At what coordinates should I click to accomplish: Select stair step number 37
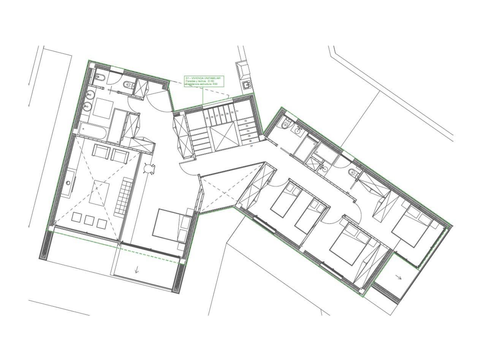252,146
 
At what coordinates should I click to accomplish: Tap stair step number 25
207,118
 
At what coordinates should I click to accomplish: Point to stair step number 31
237,111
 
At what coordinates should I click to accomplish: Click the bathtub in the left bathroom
92,130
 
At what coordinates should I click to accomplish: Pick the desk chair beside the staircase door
149,168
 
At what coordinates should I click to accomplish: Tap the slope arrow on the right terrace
398,277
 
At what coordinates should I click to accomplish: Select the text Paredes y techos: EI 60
200,81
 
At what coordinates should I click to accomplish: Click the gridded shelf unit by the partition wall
122,197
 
